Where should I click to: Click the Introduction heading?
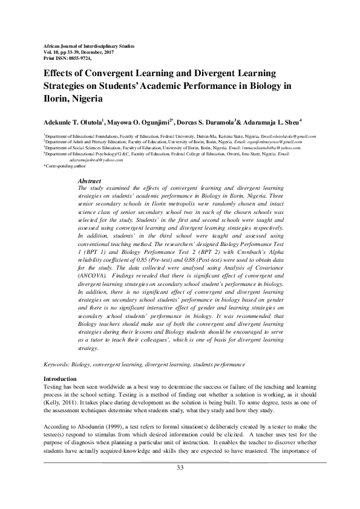click(59, 378)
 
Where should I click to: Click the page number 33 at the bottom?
click(180, 468)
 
